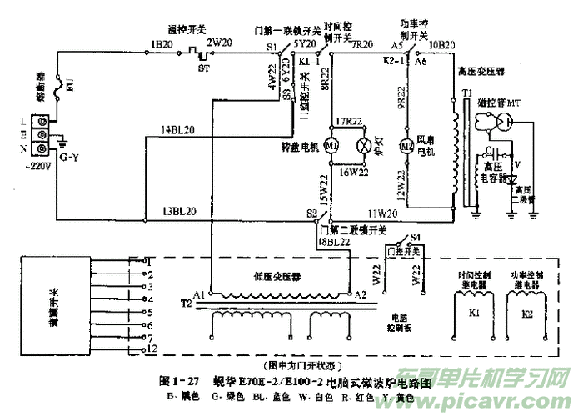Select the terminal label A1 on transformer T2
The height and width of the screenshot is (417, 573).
(198, 294)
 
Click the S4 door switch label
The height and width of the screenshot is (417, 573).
(415, 239)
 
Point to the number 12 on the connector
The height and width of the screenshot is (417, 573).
(151, 347)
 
